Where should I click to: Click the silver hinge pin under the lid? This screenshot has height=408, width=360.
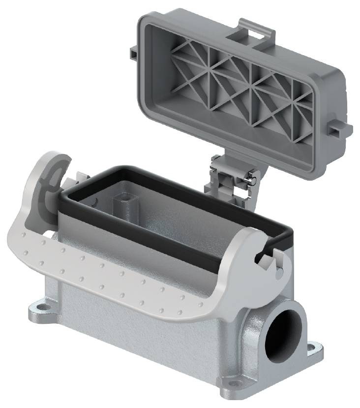click(249, 180)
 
